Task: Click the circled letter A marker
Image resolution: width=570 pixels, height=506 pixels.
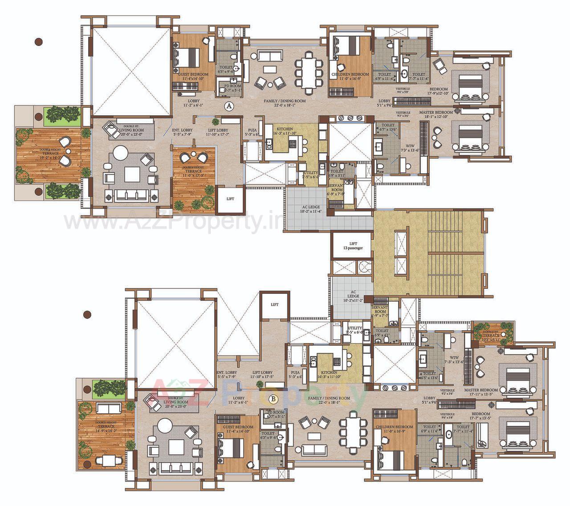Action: click(x=229, y=106)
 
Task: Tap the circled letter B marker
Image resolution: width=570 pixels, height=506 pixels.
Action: click(x=274, y=399)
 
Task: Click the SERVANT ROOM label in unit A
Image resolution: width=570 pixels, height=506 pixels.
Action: click(x=335, y=190)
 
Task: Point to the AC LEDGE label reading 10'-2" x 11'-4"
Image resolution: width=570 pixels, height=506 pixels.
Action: click(x=303, y=209)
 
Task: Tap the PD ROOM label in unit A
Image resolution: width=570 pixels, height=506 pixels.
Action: click(x=232, y=88)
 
